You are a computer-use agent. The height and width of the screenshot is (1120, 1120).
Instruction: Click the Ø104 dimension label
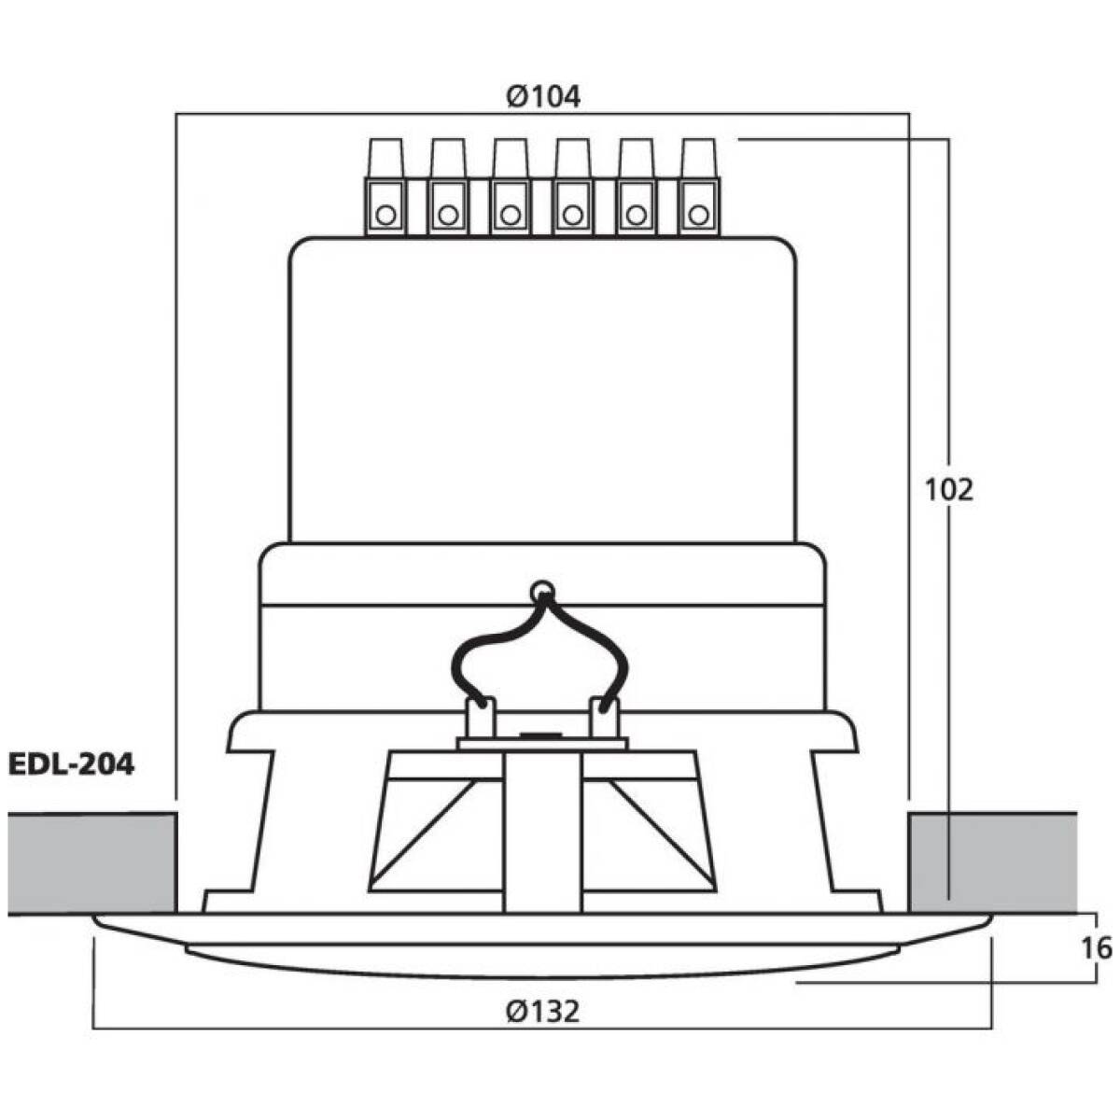[543, 96]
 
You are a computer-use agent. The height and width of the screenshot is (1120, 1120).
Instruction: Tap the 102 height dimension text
[948, 491]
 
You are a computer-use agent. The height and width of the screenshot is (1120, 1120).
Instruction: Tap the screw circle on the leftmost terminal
[385, 216]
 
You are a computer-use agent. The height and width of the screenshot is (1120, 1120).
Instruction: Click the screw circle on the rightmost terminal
[698, 216]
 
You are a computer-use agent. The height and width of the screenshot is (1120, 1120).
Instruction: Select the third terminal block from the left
[511, 187]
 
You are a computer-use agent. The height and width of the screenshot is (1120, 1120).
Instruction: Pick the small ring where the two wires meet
[541, 591]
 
